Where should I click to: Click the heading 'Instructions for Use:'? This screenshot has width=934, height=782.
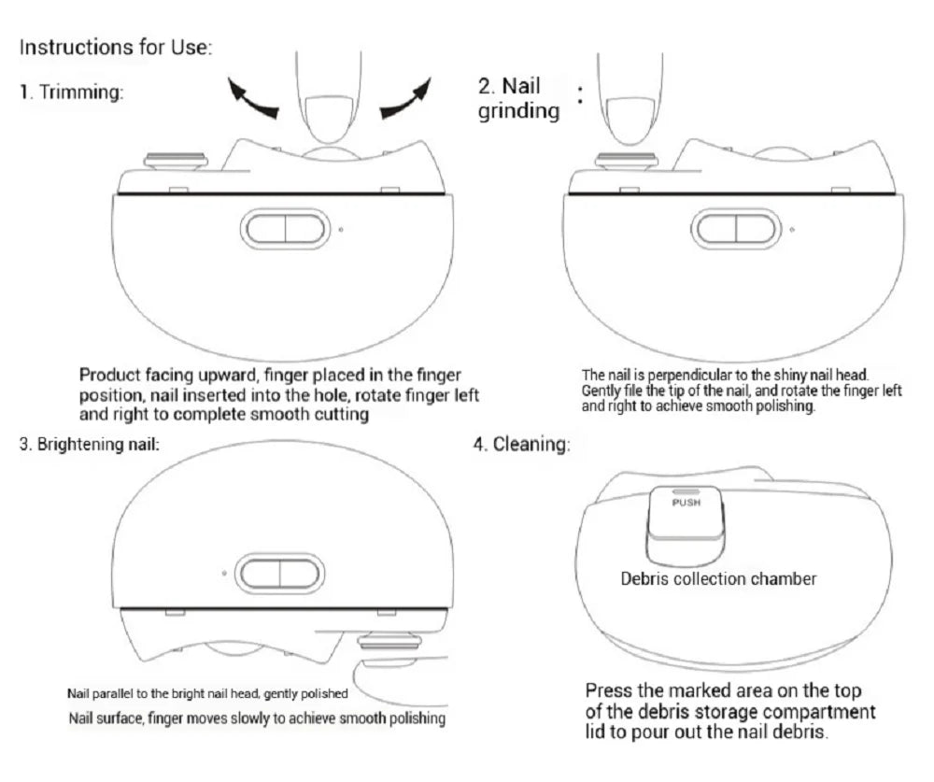click(116, 47)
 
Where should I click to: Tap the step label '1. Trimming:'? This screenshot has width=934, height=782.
click(71, 93)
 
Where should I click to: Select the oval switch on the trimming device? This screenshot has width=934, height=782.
click(285, 229)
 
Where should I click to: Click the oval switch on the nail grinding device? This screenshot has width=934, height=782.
click(736, 229)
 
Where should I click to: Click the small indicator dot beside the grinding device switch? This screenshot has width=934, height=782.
click(792, 228)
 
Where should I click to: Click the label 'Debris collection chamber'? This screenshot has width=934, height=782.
click(718, 579)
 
